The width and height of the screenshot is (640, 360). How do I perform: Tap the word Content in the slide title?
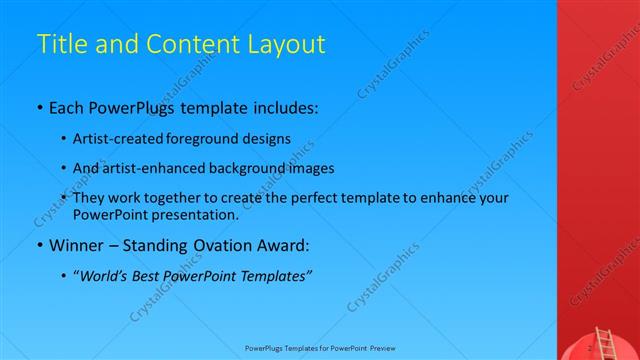(190, 44)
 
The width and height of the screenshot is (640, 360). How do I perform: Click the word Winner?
(75, 244)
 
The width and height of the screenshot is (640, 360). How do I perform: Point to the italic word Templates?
(276, 275)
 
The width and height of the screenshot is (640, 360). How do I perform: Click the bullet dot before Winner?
(39, 245)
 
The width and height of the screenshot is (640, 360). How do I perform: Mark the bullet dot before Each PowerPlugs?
(39, 105)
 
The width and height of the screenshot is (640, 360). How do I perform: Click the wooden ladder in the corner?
(603, 341)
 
